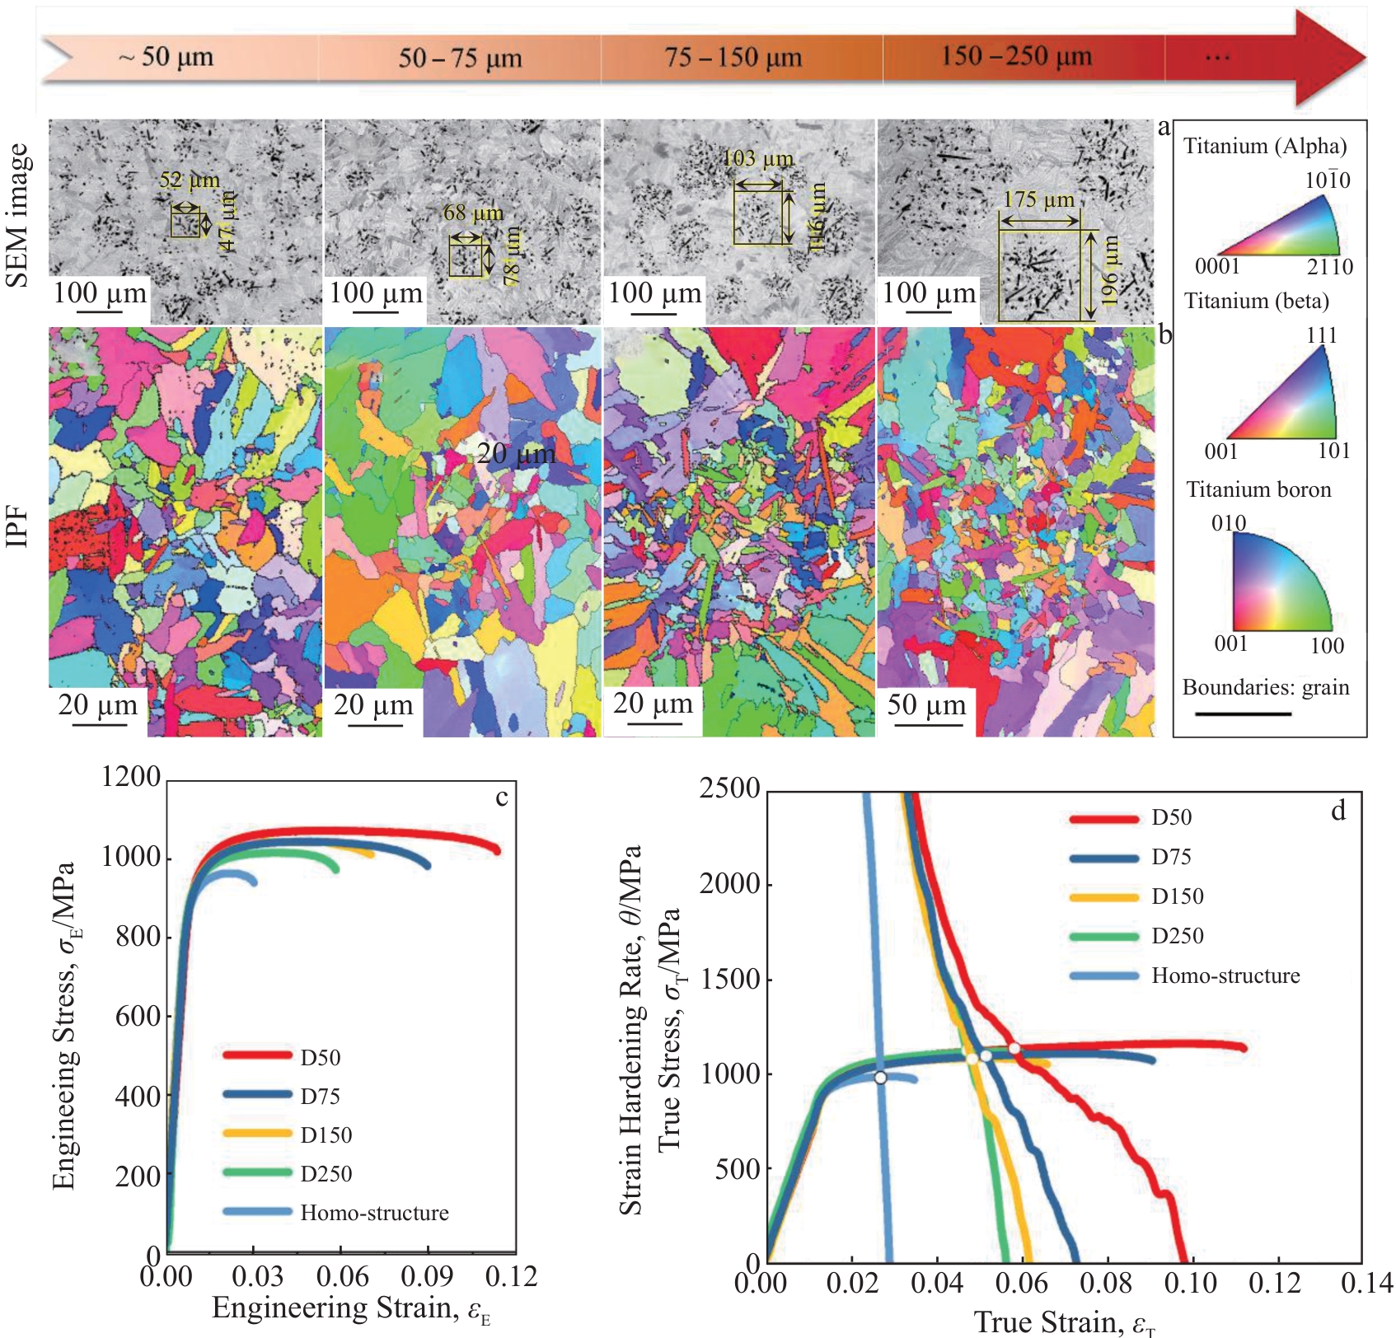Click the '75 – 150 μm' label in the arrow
[x=733, y=58]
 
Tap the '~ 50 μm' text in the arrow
[x=166, y=57]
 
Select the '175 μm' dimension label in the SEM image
[x=1038, y=200]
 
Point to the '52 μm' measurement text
[x=190, y=180]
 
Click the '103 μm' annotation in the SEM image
[x=758, y=159]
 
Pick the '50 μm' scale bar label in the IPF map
[x=926, y=705]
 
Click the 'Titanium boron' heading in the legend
[x=1258, y=489]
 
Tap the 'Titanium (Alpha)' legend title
[x=1265, y=146]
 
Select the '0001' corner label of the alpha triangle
[x=1217, y=266]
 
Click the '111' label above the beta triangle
[x=1321, y=335]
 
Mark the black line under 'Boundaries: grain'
[x=1243, y=713]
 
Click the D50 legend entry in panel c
[x=320, y=1057]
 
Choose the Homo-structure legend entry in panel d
[x=1225, y=976]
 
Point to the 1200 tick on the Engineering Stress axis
[x=131, y=777]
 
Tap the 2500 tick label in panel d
[x=729, y=788]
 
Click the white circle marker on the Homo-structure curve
[x=880, y=1078]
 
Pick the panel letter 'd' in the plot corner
[x=1338, y=812]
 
